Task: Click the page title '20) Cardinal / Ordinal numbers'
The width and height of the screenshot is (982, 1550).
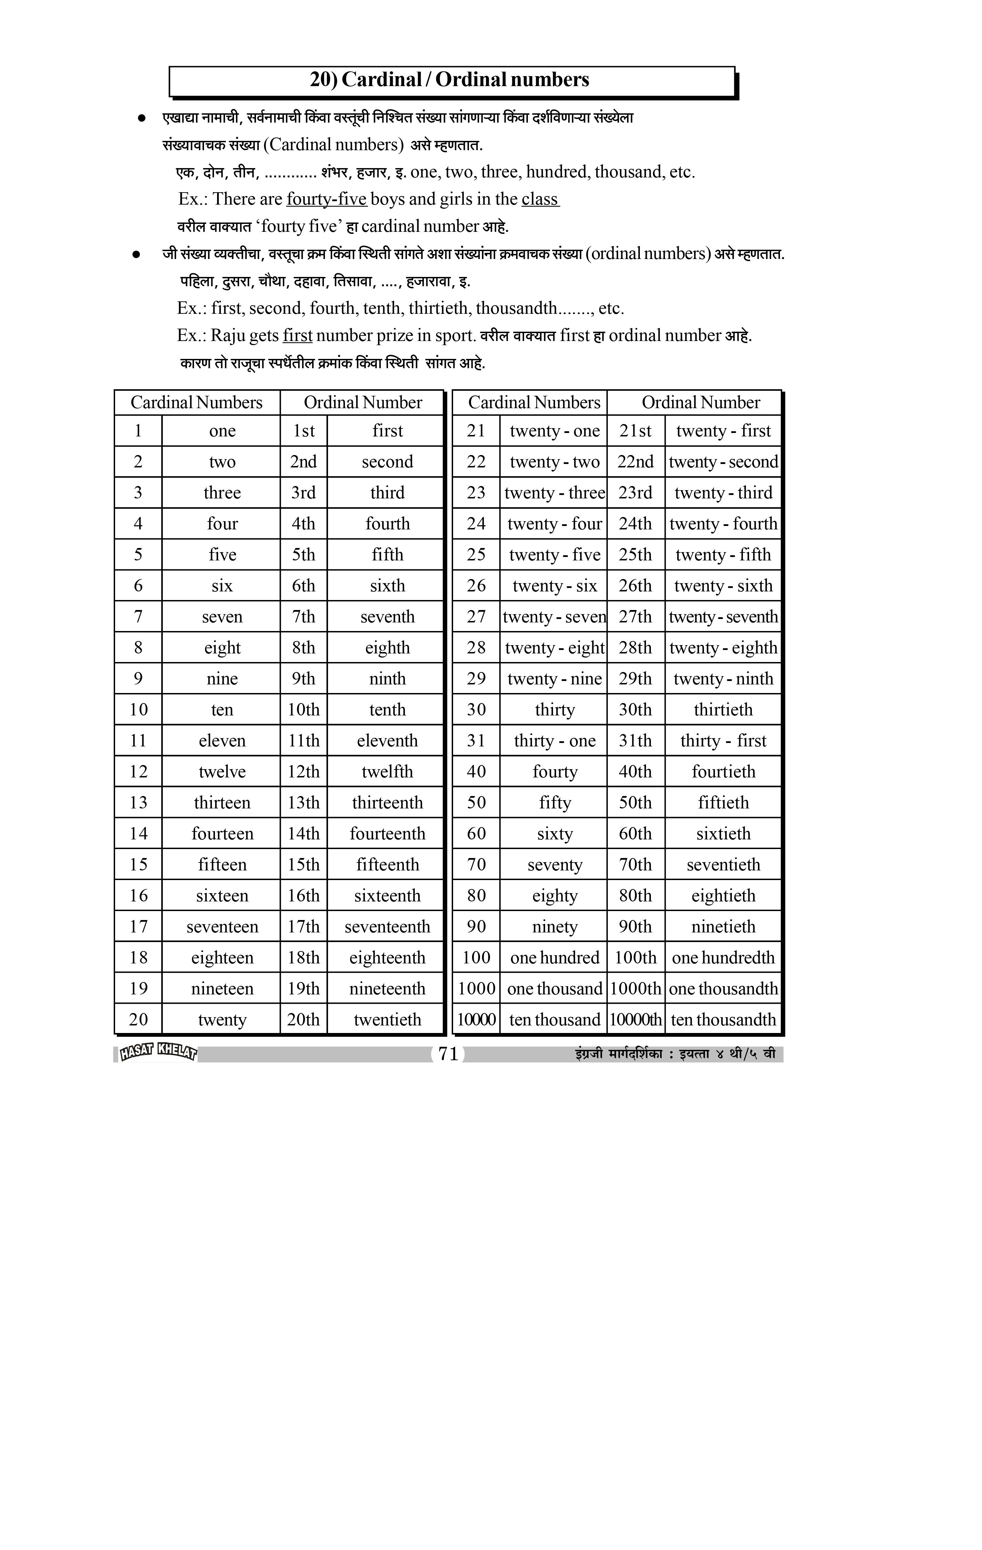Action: [449, 80]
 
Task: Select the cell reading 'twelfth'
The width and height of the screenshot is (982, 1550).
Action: [387, 771]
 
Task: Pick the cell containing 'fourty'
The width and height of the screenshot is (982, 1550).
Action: [554, 771]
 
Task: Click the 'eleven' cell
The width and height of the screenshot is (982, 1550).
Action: [222, 740]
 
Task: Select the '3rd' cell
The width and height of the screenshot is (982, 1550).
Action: [303, 493]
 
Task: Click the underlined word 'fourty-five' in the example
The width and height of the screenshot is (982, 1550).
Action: [327, 199]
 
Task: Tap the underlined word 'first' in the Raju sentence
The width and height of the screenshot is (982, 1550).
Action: [297, 335]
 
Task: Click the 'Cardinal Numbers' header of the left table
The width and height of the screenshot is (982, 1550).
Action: [196, 402]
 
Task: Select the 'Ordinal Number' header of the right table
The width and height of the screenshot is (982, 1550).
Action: [700, 402]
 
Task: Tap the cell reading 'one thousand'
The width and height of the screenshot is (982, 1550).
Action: [554, 988]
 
